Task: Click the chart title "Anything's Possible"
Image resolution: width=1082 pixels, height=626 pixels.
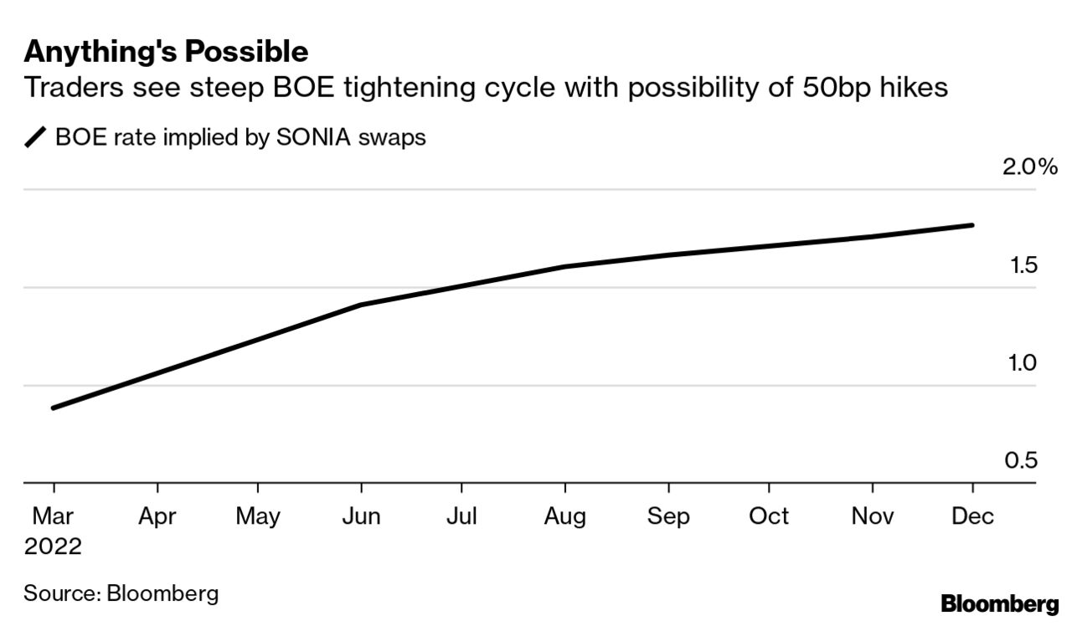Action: (166, 52)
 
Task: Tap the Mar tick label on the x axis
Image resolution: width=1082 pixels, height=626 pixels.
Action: (53, 516)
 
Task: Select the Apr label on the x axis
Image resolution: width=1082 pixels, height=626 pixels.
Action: (157, 516)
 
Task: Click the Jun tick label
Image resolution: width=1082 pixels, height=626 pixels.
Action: (361, 516)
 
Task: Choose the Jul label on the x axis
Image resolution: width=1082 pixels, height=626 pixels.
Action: (461, 516)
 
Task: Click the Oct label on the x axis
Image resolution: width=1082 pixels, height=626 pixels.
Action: (769, 516)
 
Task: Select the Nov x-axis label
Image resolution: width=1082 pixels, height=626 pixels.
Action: (873, 516)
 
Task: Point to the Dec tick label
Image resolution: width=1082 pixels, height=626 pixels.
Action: (972, 516)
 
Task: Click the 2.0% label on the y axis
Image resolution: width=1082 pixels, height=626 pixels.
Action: (1029, 167)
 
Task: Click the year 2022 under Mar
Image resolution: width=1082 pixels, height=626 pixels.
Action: (53, 547)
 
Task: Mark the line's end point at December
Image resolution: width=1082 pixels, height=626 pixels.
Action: (972, 225)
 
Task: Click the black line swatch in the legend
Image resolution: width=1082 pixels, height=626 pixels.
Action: (36, 137)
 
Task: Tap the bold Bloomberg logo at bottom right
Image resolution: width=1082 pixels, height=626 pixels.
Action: (1000, 604)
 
